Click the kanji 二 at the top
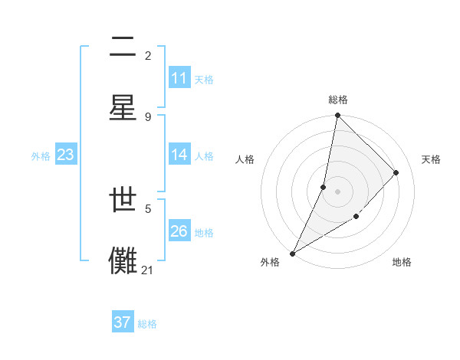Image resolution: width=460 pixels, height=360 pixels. [x=123, y=48]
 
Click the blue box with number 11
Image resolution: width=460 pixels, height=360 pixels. [x=179, y=78]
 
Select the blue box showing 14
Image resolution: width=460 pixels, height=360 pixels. [x=179, y=155]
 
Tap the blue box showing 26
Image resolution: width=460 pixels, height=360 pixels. [x=179, y=231]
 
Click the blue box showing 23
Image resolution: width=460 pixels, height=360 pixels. [x=65, y=155]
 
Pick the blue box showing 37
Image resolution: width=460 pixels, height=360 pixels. [x=123, y=322]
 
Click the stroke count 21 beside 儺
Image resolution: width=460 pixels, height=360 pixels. [x=148, y=270]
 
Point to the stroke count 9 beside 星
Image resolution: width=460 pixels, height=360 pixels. [x=148, y=116]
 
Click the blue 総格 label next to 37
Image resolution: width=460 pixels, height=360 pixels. [x=147, y=324]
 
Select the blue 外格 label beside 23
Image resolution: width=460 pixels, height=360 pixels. [x=41, y=155]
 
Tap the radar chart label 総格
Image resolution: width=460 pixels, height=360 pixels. [x=337, y=100]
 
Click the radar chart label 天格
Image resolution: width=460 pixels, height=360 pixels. [x=431, y=159]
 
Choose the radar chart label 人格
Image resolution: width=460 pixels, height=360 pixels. [x=245, y=159]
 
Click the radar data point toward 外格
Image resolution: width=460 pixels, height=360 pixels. [x=293, y=253]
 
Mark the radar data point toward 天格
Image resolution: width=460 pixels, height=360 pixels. [x=396, y=172]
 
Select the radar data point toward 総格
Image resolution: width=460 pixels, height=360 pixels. [x=337, y=116]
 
